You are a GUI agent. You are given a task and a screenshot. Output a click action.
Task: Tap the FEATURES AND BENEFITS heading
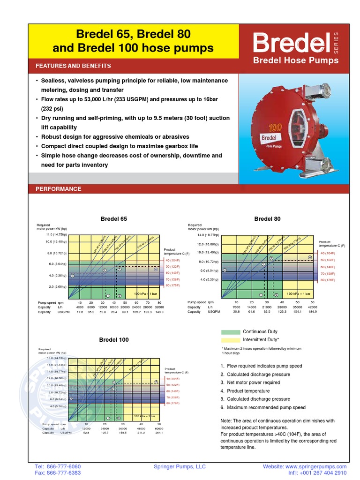[x=73, y=66]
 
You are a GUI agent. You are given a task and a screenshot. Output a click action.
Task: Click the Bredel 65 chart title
[x=114, y=219]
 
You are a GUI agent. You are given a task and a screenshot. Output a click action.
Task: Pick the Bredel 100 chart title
[x=113, y=339]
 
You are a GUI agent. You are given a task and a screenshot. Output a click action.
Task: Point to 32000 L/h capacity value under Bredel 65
[x=159, y=307]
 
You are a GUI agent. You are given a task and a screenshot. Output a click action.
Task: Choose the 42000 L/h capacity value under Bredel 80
[x=312, y=307]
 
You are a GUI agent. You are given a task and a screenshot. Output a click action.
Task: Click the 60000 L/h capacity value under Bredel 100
[x=159, y=428]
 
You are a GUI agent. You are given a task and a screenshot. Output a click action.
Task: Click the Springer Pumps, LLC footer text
[x=180, y=467]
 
